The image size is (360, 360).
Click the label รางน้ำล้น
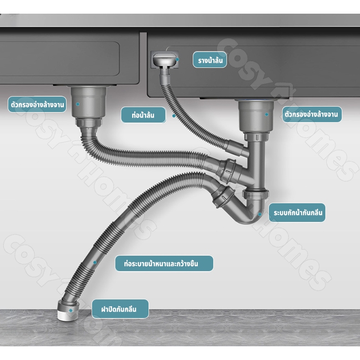pyautogui.click(x=210, y=60)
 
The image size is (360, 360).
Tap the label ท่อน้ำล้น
pyautogui.click(x=143, y=115)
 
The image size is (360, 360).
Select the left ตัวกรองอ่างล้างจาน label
pyautogui.click(x=37, y=104)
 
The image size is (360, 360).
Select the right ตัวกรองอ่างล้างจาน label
pyautogui.click(x=312, y=114)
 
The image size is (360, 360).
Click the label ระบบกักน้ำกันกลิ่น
pyautogui.click(x=297, y=213)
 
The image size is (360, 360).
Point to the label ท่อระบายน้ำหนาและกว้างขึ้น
pyautogui.click(x=164, y=263)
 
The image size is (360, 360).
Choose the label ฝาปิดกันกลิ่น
pyautogui.click(x=120, y=309)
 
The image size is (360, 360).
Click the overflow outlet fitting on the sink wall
pyautogui.click(x=165, y=59)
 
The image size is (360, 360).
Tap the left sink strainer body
pyautogui.click(x=88, y=102)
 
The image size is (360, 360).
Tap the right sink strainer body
pyautogui.click(x=256, y=116)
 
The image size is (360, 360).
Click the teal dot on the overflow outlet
pyautogui.click(x=177, y=59)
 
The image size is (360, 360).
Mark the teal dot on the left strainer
pyautogui.click(x=78, y=104)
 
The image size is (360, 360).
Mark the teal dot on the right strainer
pyautogui.click(x=267, y=114)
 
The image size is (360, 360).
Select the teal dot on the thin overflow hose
pyautogui.click(x=174, y=116)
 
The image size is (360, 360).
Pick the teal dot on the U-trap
pyautogui.click(x=260, y=214)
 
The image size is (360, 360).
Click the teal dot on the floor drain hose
pyautogui.click(x=95, y=262)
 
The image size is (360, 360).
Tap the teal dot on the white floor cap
pyautogui.click(x=71, y=311)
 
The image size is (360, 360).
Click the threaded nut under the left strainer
pyautogui.click(x=88, y=122)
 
